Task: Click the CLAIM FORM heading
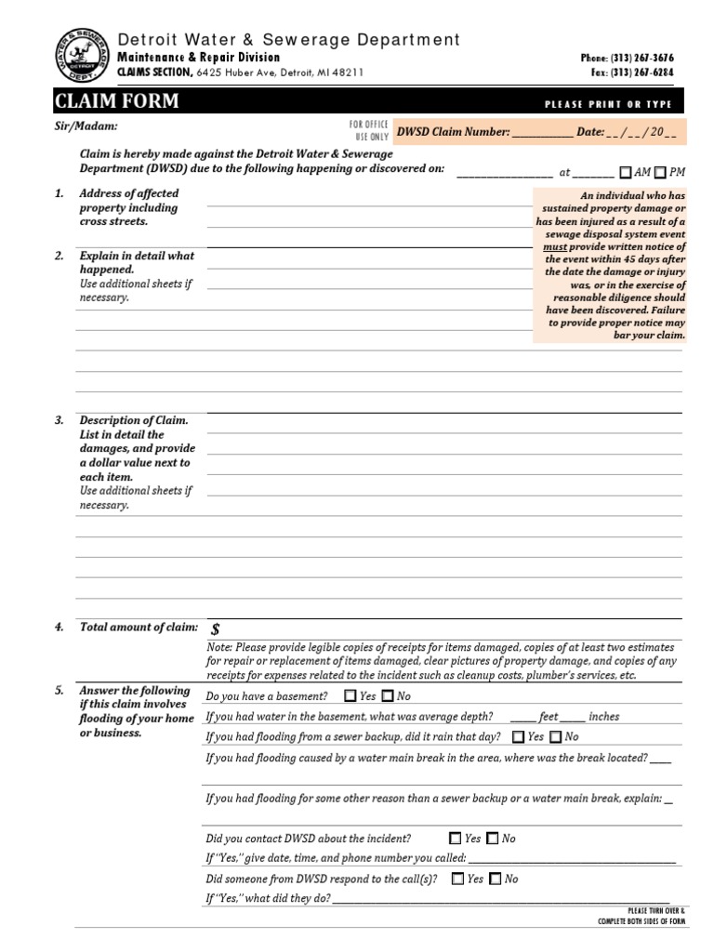tap(117, 101)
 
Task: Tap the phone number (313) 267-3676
tap(641, 58)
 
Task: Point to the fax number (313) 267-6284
tap(641, 72)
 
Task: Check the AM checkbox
tap(626, 172)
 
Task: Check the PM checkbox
tap(660, 172)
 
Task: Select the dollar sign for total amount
tap(216, 629)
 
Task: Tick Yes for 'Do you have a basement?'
tap(350, 696)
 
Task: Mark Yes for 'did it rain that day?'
tap(518, 737)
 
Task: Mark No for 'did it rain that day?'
tap(555, 737)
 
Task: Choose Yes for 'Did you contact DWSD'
tap(455, 839)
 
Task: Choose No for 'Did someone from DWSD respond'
tap(496, 879)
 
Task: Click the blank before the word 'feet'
tap(522, 718)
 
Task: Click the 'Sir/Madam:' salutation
tap(86, 126)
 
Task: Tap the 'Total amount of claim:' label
tap(139, 628)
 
